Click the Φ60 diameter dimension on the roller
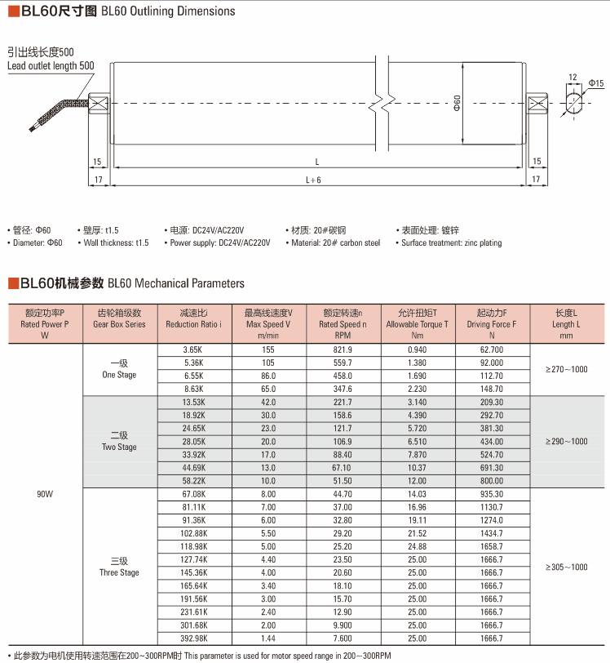(x=457, y=103)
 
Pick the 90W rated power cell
(x=46, y=494)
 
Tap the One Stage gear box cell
(x=119, y=369)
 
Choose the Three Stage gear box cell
(x=119, y=567)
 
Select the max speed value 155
(x=268, y=349)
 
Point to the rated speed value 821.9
(x=343, y=349)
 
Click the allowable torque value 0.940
(x=417, y=349)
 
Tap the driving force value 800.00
(x=492, y=481)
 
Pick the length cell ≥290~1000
(x=566, y=442)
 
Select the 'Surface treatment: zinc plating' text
(x=451, y=243)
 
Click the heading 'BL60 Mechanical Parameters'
(x=126, y=283)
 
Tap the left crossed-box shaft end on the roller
(x=99, y=105)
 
